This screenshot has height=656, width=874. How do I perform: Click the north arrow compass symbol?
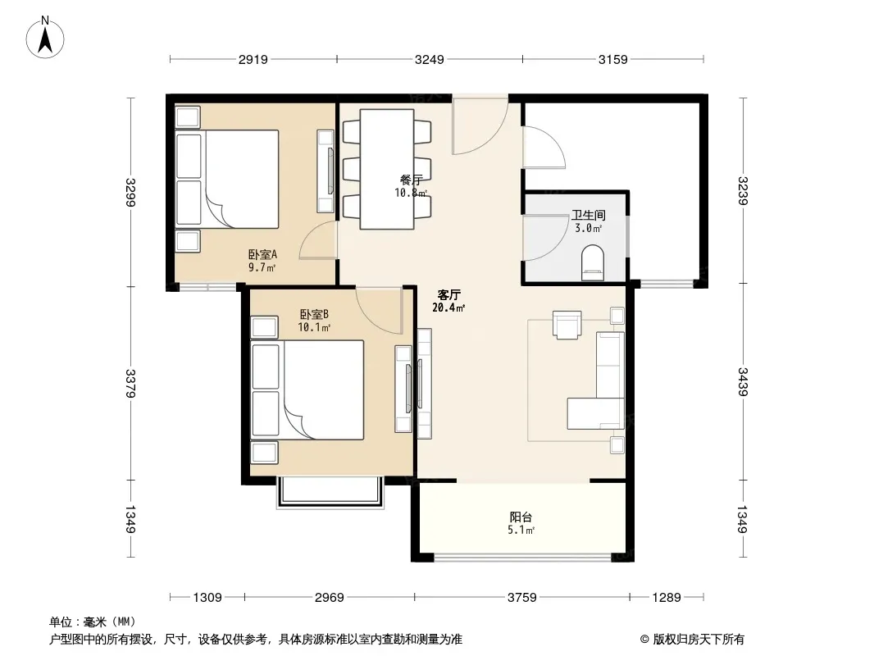point(45,38)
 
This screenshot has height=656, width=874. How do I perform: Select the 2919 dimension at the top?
point(253,59)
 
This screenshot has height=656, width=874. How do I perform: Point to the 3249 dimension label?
point(429,59)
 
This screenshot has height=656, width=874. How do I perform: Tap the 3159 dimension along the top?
point(612,59)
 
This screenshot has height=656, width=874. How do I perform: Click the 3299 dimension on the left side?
point(130,192)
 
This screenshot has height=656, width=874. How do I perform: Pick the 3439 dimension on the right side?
point(743,382)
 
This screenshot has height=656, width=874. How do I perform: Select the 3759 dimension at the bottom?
point(521,598)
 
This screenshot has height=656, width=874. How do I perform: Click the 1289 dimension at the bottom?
point(667,598)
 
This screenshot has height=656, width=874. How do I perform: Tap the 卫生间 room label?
point(588,215)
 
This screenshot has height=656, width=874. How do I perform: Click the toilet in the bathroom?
point(593,262)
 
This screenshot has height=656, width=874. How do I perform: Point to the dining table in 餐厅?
point(387,169)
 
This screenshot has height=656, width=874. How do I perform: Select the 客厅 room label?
point(448,294)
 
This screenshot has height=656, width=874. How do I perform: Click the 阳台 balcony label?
point(521,517)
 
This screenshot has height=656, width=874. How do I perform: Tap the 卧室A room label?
point(262,255)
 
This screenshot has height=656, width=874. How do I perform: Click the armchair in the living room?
point(567,325)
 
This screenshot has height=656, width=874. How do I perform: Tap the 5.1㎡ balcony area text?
point(521,530)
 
